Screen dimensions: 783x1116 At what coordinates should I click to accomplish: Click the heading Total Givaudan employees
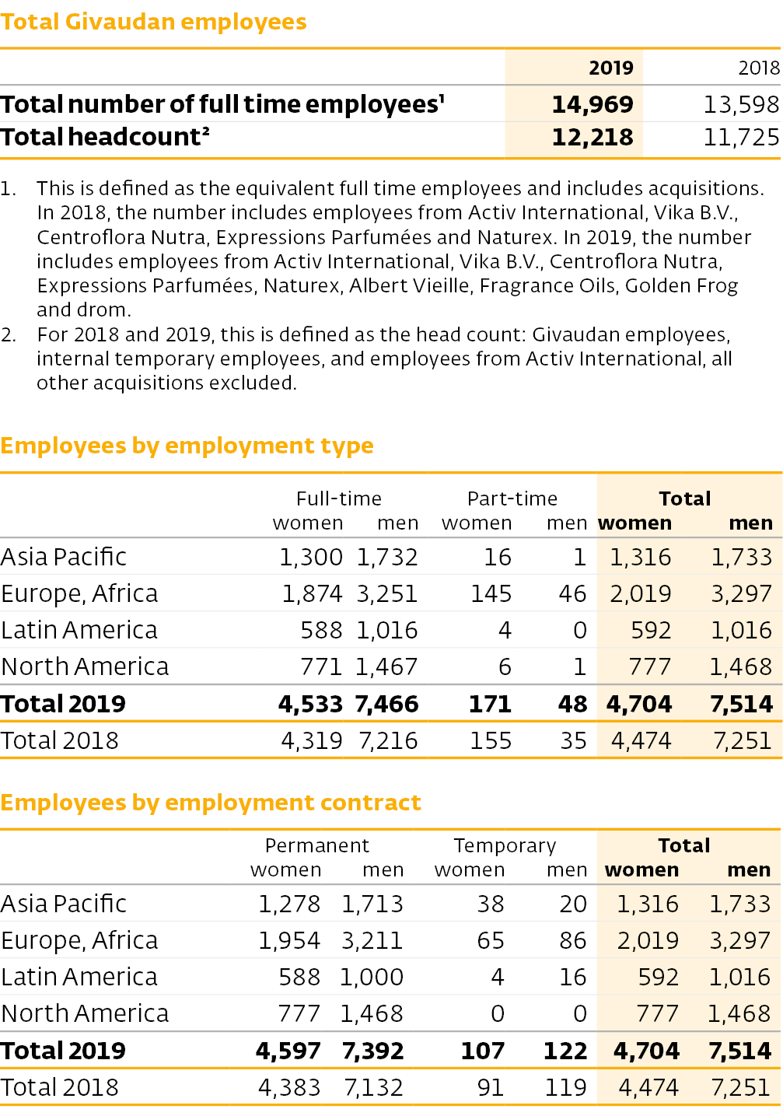click(x=153, y=23)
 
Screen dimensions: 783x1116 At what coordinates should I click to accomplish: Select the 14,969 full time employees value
click(x=592, y=105)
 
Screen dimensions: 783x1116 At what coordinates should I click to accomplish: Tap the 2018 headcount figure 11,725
click(x=741, y=138)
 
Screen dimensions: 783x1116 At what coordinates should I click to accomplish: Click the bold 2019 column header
click(x=611, y=68)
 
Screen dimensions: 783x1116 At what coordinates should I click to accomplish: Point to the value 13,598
click(x=741, y=105)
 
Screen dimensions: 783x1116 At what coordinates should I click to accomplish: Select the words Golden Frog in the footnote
click(x=681, y=286)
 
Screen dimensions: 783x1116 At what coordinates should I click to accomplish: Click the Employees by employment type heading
click(x=187, y=446)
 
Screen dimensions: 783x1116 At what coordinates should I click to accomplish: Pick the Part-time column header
click(x=512, y=499)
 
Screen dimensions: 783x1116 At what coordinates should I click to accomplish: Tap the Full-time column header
click(x=339, y=499)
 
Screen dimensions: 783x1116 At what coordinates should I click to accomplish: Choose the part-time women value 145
click(x=491, y=594)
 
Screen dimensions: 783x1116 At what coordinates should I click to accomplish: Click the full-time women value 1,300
click(x=311, y=558)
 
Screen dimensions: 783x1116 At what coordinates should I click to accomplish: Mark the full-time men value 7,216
click(x=388, y=741)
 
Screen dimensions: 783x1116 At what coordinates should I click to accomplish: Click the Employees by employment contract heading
click(x=211, y=803)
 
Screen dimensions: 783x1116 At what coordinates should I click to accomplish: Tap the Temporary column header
click(x=505, y=846)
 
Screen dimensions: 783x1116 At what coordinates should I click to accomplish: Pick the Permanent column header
click(x=316, y=846)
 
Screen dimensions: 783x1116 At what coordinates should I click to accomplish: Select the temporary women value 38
click(x=491, y=904)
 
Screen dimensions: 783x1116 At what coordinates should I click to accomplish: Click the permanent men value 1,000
click(x=372, y=978)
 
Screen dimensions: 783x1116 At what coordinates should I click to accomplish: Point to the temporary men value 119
click(x=566, y=1087)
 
